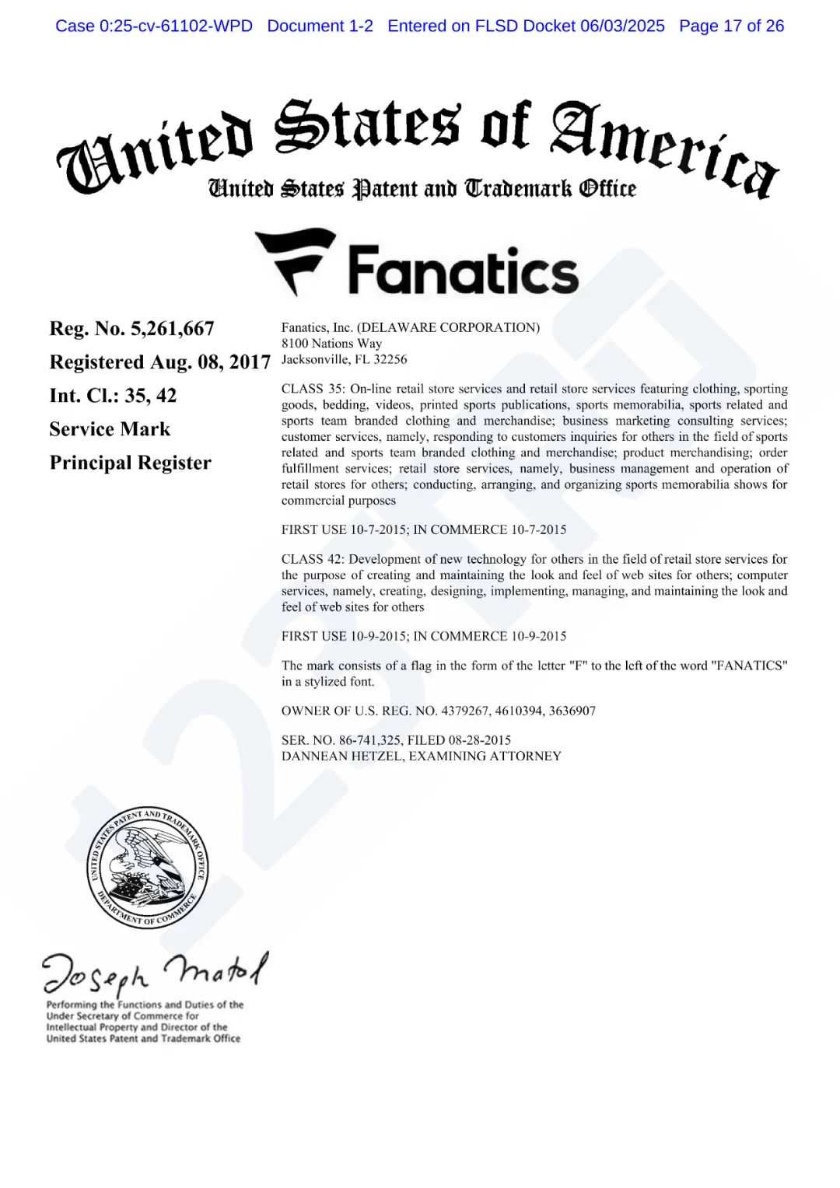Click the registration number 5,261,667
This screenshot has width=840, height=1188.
pyautogui.click(x=172, y=329)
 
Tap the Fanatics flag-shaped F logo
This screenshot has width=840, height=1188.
pyautogui.click(x=295, y=260)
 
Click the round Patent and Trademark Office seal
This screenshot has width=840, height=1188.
pyautogui.click(x=147, y=867)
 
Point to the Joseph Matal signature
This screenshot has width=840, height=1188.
pyautogui.click(x=155, y=971)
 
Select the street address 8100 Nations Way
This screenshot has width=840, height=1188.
pyautogui.click(x=331, y=343)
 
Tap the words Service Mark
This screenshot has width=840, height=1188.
pyautogui.click(x=110, y=429)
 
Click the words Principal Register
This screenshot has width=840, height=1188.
pyautogui.click(x=130, y=463)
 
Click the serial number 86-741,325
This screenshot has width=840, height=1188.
pyautogui.click(x=369, y=740)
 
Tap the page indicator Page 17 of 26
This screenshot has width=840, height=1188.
pyautogui.click(x=731, y=26)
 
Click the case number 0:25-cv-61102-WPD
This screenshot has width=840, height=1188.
pyautogui.click(x=176, y=26)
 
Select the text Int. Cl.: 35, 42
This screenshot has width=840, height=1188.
pyautogui.click(x=113, y=396)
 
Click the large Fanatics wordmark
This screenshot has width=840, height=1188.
pyautogui.click(x=463, y=271)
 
